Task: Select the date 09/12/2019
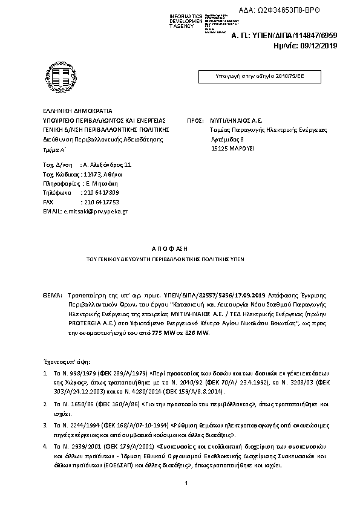(319, 45)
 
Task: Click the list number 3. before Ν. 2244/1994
(45, 426)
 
